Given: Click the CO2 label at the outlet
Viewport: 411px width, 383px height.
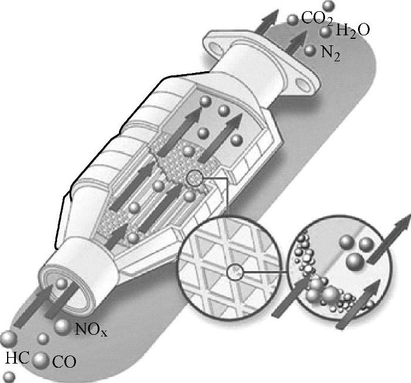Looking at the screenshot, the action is [317, 18].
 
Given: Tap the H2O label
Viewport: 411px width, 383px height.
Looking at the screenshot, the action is [353, 31].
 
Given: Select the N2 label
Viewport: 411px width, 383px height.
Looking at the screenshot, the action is [330, 54].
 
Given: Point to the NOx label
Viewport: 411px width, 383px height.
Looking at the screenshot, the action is [91, 329].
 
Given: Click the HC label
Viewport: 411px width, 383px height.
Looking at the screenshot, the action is [17, 358].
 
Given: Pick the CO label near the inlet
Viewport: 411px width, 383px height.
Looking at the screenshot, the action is [64, 362].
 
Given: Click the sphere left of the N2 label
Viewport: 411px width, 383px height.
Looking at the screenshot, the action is [310, 50].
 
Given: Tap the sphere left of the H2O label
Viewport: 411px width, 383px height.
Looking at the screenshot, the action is [325, 32].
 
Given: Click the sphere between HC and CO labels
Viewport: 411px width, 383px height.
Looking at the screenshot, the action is [41, 361].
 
